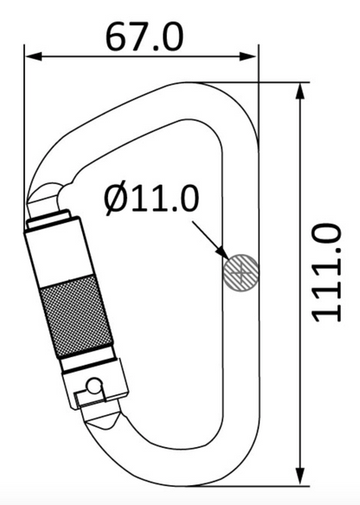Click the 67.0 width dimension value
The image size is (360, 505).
pyautogui.click(x=145, y=36)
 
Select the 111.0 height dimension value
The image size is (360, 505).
pyautogui.click(x=326, y=272)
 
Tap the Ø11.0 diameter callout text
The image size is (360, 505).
pyautogui.click(x=151, y=199)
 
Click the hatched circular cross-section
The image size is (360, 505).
pyautogui.click(x=241, y=273)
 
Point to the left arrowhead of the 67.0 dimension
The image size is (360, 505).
pyautogui.click(x=34, y=57)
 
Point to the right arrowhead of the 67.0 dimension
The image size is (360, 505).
pyautogui.click(x=247, y=57)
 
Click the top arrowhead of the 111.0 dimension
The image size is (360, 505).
pyautogui.click(x=300, y=92)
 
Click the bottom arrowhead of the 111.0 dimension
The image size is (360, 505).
pyautogui.click(x=300, y=476)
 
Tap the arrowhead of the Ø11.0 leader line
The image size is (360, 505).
pyautogui.click(x=222, y=252)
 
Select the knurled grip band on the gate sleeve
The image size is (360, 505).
pyautogui.click(x=77, y=316)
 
